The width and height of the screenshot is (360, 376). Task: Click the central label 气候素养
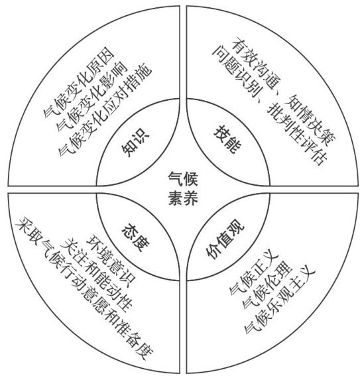[183, 188]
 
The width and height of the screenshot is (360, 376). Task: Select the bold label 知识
[135, 143]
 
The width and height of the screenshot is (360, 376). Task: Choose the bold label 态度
[136, 237]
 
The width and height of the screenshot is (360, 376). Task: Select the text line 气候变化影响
[91, 96]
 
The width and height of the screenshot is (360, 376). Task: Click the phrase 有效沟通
[256, 64]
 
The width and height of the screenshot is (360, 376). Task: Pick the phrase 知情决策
[310, 121]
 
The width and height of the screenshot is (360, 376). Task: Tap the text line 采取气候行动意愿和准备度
[84, 288]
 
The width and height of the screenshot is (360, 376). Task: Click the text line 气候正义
[254, 275]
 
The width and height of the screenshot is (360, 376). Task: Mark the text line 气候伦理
[267, 285]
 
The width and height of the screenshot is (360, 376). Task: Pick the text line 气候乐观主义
[279, 302]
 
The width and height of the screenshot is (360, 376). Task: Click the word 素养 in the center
[183, 198]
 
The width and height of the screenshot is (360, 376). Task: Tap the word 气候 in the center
[183, 179]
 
